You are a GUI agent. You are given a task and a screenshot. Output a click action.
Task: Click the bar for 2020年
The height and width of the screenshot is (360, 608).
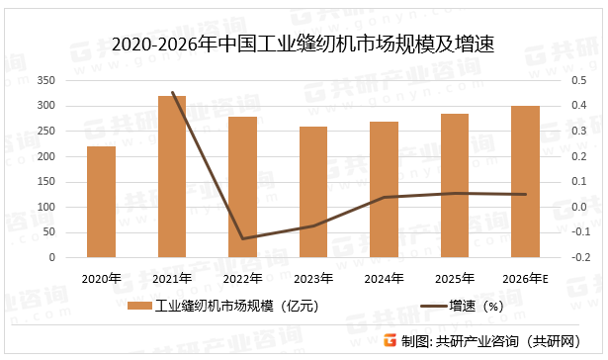click(x=101, y=202)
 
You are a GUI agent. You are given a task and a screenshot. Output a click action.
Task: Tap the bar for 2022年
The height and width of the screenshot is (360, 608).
click(x=243, y=187)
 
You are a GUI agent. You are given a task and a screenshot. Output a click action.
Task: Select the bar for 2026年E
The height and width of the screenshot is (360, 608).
click(x=526, y=181)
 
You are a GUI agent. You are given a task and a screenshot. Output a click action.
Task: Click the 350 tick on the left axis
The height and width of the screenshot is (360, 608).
click(x=46, y=81)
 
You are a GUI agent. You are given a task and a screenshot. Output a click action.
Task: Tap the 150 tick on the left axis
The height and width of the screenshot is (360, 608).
click(x=46, y=182)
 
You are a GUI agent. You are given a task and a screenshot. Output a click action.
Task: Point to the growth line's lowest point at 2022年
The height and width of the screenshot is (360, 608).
click(x=243, y=238)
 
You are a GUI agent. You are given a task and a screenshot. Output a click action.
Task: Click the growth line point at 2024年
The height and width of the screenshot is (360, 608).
click(x=385, y=197)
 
